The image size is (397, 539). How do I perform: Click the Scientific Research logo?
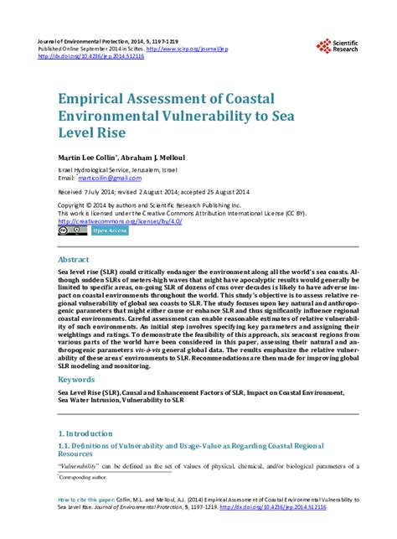338,47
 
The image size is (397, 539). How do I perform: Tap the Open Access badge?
109,231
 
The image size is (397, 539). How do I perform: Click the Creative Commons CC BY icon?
72,231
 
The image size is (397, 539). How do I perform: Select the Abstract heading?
73,261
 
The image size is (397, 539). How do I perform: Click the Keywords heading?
76,380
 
